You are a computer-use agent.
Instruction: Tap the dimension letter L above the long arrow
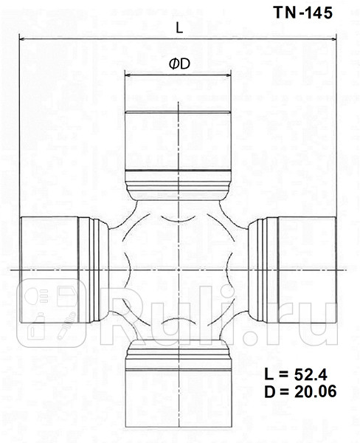tap(179, 27)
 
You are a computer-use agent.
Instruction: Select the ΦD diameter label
tap(179, 64)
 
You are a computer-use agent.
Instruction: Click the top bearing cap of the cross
tap(178, 140)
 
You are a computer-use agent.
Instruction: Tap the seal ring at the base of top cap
tap(178, 182)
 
